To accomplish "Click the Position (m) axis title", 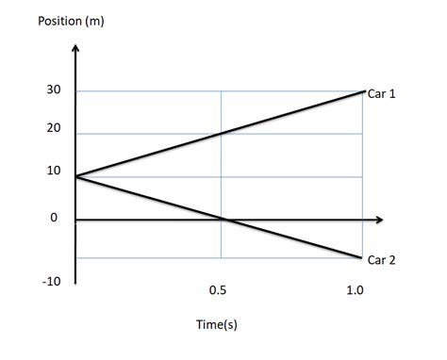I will pos(71,21).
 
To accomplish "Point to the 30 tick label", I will pos(54,90).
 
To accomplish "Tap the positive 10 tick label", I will pos(54,172).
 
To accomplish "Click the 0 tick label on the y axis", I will pos(54,219).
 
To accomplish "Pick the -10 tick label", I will pos(50,281).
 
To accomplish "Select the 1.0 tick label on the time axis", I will pos(355,290).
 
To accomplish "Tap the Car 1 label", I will pos(383,95).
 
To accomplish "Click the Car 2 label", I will pos(383,260).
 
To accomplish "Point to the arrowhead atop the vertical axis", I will pos(75,47).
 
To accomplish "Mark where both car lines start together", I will pos(75,176).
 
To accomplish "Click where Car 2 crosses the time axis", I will pos(225,220).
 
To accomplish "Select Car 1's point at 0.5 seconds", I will pos(222,133).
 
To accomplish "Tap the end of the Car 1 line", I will pos(364,91).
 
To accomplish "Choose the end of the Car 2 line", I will pos(362,257).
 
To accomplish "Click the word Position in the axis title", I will pos(58,21).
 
